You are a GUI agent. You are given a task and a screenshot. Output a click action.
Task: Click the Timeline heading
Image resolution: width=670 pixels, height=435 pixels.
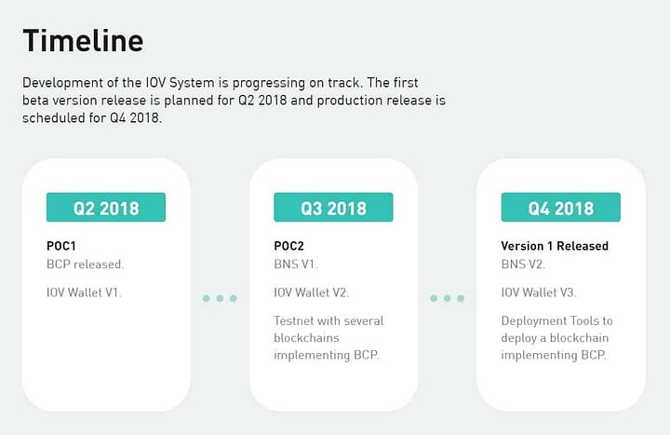pyautogui.click(x=83, y=41)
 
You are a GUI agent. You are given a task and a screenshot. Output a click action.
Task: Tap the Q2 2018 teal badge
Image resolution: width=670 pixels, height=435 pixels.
pyautogui.click(x=106, y=207)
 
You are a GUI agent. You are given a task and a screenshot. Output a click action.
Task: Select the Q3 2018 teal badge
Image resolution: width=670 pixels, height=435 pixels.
pyautogui.click(x=333, y=207)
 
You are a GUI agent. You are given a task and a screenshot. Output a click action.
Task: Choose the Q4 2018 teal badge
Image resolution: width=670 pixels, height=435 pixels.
pyautogui.click(x=560, y=207)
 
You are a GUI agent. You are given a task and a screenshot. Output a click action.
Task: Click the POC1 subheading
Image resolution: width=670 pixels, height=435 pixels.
pyautogui.click(x=61, y=246)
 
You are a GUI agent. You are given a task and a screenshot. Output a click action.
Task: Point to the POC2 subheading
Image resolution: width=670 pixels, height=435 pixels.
pyautogui.click(x=288, y=246)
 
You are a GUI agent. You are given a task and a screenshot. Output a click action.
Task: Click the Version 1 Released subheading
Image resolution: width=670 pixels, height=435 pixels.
pyautogui.click(x=555, y=246)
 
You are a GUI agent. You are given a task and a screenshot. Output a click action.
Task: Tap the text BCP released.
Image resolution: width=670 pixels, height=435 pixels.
pyautogui.click(x=85, y=265)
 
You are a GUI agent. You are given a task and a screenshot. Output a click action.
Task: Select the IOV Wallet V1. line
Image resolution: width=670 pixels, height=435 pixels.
pyautogui.click(x=84, y=292)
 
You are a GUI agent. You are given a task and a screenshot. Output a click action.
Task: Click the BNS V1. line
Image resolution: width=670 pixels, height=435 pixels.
pyautogui.click(x=296, y=265)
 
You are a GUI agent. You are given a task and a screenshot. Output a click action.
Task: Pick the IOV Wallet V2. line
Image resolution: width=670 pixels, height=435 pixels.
pyautogui.click(x=311, y=292)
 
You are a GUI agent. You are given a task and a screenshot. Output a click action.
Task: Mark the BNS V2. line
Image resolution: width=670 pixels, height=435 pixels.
pyautogui.click(x=523, y=265)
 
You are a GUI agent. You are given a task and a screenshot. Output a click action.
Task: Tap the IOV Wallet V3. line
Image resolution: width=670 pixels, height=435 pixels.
pyautogui.click(x=539, y=292)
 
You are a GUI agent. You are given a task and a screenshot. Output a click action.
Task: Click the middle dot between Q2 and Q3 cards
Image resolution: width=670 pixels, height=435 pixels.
pyautogui.click(x=220, y=298)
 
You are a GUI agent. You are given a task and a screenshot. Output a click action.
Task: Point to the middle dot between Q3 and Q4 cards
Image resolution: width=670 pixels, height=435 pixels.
pyautogui.click(x=447, y=298)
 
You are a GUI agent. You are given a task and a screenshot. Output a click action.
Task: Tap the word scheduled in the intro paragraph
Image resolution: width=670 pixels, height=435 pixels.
pyautogui.click(x=54, y=117)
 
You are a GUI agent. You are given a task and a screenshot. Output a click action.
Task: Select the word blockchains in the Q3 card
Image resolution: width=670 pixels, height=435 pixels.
pyautogui.click(x=306, y=338)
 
